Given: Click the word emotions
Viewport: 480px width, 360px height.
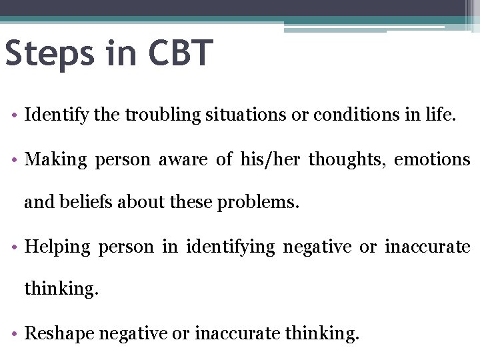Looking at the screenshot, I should click(x=432, y=160).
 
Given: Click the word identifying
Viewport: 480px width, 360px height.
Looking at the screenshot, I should click(x=231, y=247).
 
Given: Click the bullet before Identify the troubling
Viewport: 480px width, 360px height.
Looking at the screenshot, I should click(x=13, y=116).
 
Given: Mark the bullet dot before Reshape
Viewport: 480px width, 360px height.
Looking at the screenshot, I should click(x=13, y=333).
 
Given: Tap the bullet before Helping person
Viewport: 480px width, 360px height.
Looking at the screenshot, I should click(x=13, y=247).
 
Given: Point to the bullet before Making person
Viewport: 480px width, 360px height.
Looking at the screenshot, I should click(x=13, y=161).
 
